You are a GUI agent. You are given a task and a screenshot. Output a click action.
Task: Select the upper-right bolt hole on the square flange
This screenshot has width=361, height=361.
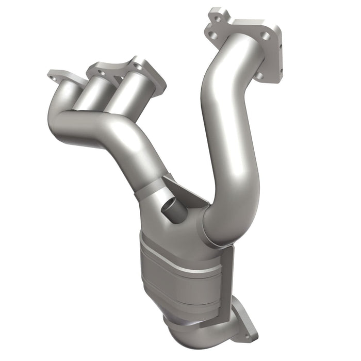pos(265,37)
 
